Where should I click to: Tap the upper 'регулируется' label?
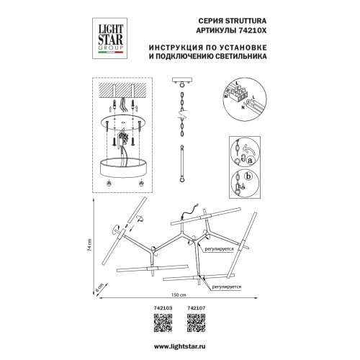(x=219, y=253)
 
